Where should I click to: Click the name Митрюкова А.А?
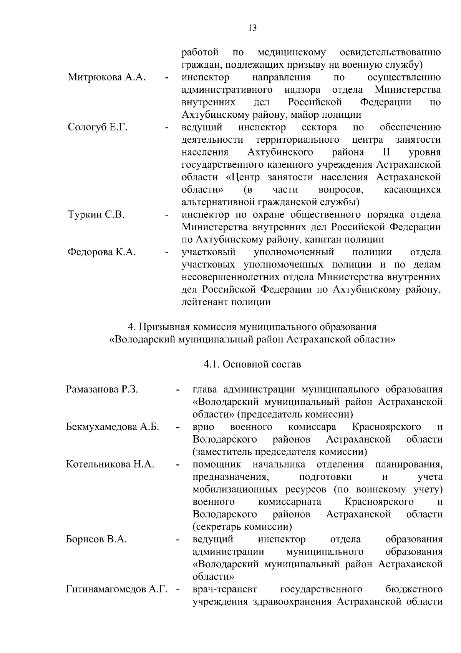[106, 77]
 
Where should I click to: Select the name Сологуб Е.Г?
[98, 127]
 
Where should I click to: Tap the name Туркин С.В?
[96, 215]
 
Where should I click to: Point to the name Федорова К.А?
[102, 252]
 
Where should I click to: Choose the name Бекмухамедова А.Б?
[113, 427]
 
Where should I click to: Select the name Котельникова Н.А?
[110, 464]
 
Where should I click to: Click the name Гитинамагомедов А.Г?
[117, 590]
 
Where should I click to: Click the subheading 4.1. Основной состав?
[252, 364]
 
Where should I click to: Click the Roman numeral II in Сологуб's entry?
[381, 152]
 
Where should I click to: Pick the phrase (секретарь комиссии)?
[242, 527]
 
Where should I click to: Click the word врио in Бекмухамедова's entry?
[203, 427]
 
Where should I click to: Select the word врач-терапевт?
[225, 590]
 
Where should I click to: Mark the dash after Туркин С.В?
[167, 215]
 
